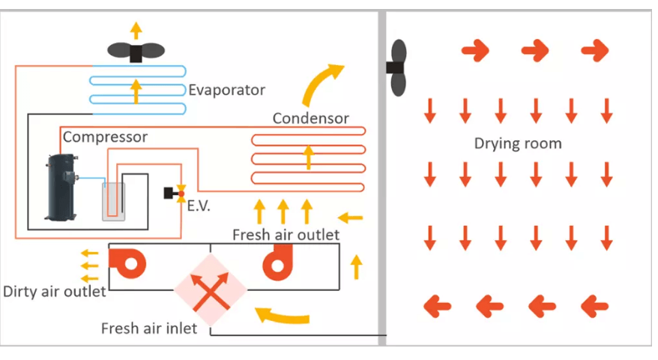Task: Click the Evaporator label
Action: pos(226,90)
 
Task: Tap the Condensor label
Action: pos(310,118)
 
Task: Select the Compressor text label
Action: pos(105,137)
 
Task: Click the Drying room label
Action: pos(517,143)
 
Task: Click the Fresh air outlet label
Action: pos(286,235)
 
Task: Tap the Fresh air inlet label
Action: pos(149,328)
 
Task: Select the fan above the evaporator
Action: pos(136,52)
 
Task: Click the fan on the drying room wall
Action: pos(396,67)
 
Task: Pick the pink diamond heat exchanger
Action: pos(210,289)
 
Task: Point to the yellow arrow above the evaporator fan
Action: pos(136,30)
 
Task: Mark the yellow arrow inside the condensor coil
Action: pos(307,157)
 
